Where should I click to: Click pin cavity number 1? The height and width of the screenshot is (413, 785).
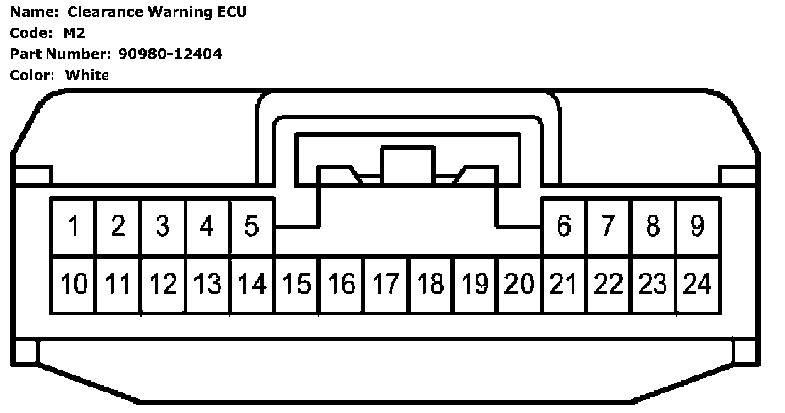(x=73, y=226)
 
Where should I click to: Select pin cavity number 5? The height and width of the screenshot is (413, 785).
(x=252, y=226)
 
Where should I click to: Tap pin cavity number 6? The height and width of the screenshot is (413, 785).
(x=564, y=226)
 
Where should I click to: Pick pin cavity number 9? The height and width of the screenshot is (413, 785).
(x=698, y=226)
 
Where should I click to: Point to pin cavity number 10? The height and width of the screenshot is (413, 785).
(x=73, y=285)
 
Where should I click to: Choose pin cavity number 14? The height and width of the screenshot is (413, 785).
(x=252, y=285)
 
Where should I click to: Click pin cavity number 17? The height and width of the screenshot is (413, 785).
(x=386, y=285)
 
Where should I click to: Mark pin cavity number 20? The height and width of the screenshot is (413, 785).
(x=519, y=285)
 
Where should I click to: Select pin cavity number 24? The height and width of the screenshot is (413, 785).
(x=698, y=285)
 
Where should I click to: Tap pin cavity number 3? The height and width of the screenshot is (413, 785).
(x=162, y=226)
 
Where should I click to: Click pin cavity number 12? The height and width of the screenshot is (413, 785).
(x=162, y=285)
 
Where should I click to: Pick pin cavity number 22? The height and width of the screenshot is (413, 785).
(x=608, y=285)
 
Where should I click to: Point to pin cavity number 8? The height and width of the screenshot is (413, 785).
(x=653, y=226)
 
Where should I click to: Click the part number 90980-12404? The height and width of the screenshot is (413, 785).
(x=170, y=54)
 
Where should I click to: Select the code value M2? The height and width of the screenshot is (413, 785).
(x=74, y=33)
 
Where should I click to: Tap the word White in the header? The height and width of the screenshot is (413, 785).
(x=87, y=76)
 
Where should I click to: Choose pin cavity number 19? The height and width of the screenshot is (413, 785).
(x=475, y=285)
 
